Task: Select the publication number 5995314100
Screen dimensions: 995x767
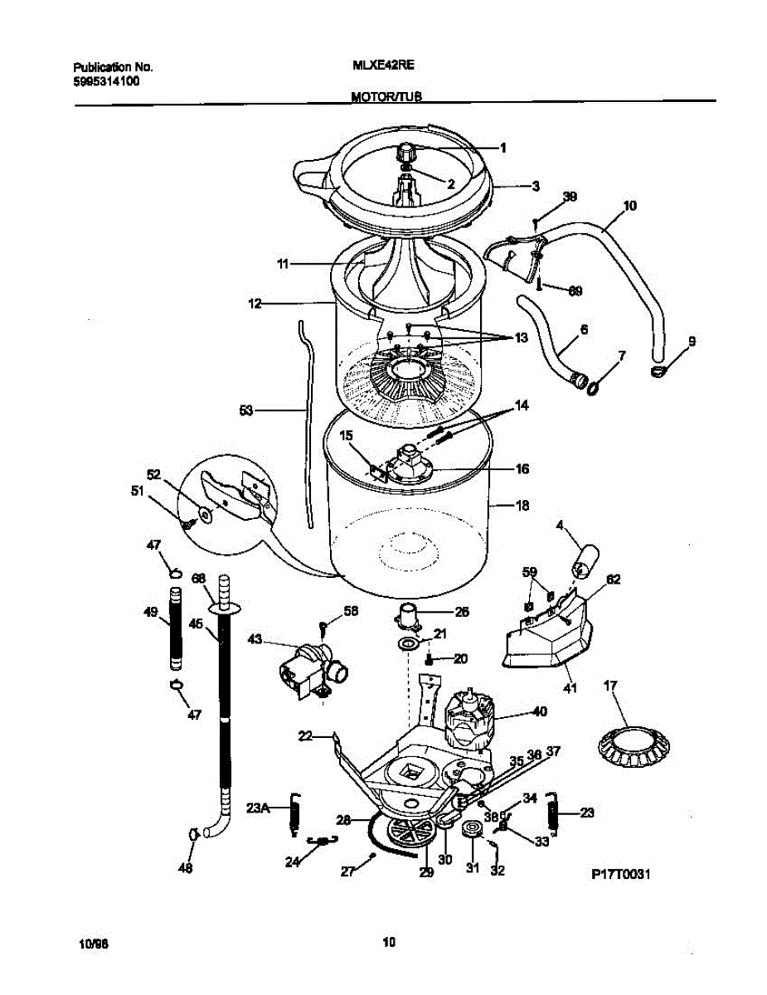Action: pyautogui.click(x=106, y=82)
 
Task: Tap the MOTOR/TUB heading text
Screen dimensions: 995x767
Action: pyautogui.click(x=386, y=97)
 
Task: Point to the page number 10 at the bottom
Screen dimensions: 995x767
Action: pyautogui.click(x=387, y=941)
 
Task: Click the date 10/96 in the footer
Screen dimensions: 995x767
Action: pyautogui.click(x=93, y=944)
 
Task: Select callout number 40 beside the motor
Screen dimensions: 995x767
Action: pyautogui.click(x=540, y=711)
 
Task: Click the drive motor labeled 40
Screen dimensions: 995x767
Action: pyautogui.click(x=469, y=718)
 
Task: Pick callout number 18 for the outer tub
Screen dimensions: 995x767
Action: pyautogui.click(x=522, y=505)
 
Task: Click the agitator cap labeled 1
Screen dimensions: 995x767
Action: pyautogui.click(x=407, y=153)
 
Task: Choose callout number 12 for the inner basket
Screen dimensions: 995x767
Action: pyautogui.click(x=255, y=304)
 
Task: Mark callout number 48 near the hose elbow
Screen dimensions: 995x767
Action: pyautogui.click(x=186, y=869)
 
